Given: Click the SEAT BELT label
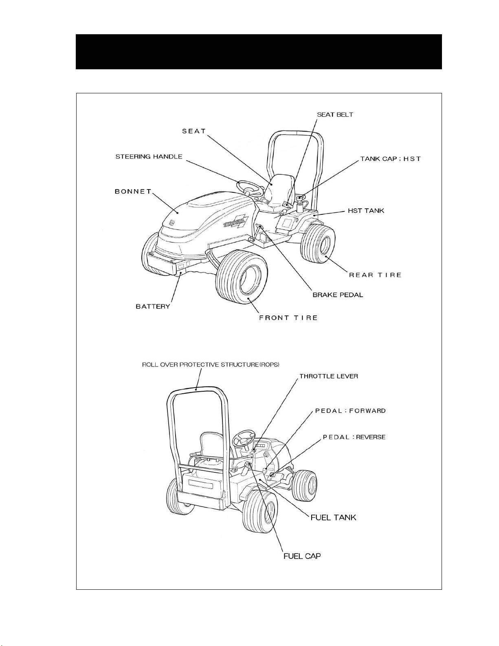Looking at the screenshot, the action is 335,115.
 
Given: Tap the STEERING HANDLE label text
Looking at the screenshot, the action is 149,157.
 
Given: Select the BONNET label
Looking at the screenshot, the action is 133,192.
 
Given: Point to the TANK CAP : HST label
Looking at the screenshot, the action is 391,159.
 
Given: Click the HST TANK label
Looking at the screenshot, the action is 366,211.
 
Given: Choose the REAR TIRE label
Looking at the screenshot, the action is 375,275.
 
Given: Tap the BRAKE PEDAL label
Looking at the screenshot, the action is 338,295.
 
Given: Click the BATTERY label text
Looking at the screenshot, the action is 153,306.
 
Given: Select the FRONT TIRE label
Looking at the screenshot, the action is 288,318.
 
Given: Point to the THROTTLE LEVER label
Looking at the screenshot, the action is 329,376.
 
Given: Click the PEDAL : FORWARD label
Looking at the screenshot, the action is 350,411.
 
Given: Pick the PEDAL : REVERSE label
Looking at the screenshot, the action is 354,437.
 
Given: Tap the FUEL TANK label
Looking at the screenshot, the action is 333,518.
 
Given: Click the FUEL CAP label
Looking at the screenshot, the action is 302,556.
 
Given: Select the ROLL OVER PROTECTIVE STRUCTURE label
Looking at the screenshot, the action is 211,365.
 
